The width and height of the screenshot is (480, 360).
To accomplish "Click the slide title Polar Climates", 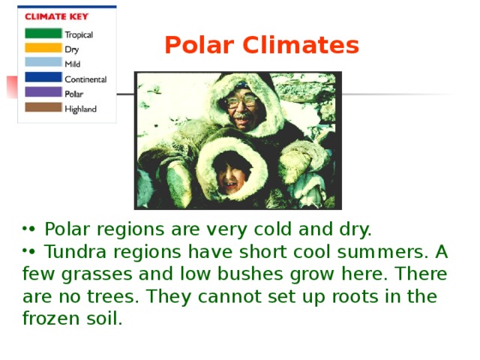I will [262, 46].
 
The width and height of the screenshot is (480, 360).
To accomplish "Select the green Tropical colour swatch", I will [43, 34].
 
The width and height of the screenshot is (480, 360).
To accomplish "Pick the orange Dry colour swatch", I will [43, 48].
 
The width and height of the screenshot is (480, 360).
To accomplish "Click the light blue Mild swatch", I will [43, 63].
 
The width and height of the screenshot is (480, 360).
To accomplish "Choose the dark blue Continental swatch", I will [43, 77].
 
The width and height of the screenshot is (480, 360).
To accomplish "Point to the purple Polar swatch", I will [43, 92].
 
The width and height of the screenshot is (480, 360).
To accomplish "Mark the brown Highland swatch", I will [43, 107].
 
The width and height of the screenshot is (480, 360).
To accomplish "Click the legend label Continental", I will [85, 79].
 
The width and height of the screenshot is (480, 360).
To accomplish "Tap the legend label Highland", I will [80, 109].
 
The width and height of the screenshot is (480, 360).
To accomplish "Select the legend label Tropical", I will [79, 34].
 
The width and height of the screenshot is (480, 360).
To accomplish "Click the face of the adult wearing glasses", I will [241, 106].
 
